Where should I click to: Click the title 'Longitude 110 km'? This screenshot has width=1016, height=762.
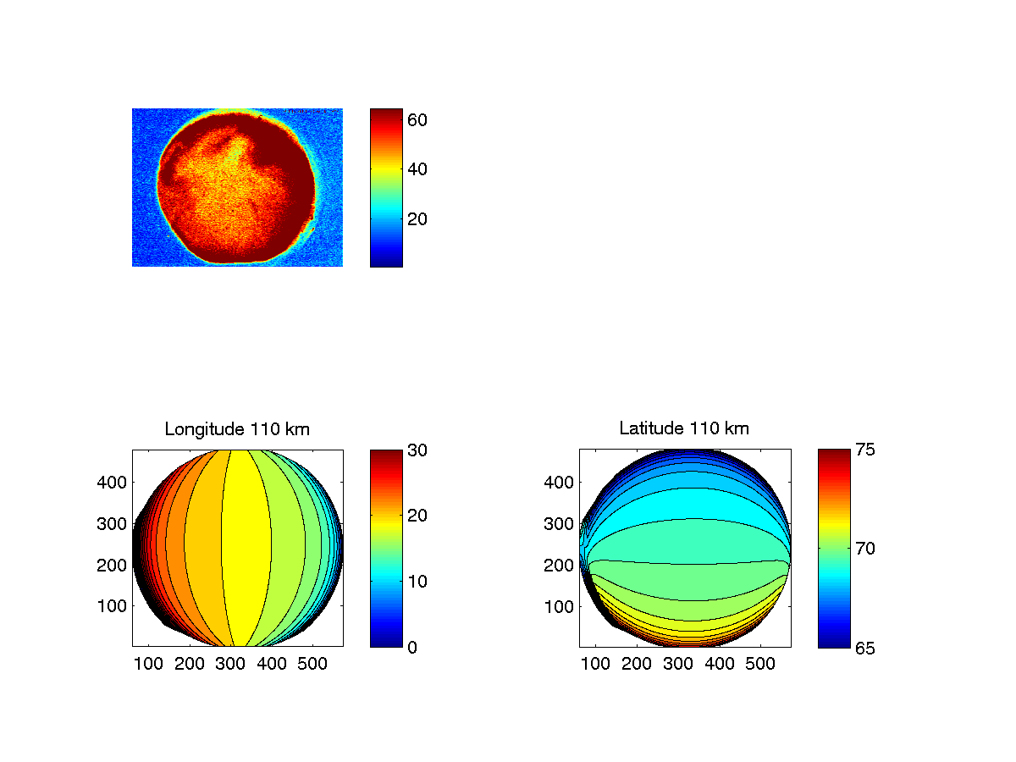[237, 429]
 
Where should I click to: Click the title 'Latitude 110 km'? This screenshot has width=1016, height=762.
[684, 429]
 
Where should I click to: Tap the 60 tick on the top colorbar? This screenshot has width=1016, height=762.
[417, 120]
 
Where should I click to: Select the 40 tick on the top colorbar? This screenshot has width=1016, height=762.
[417, 169]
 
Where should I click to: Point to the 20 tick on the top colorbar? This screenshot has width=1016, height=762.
[417, 218]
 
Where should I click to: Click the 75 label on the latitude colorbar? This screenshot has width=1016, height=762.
[864, 450]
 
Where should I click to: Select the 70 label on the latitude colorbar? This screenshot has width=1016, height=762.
[864, 549]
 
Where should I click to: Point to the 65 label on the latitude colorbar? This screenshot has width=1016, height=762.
[864, 648]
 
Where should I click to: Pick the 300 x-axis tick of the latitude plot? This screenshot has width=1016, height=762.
[678, 665]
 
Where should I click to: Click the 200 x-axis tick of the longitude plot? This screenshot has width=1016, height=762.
[190, 665]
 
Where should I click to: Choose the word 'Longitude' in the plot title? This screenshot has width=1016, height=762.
[204, 429]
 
